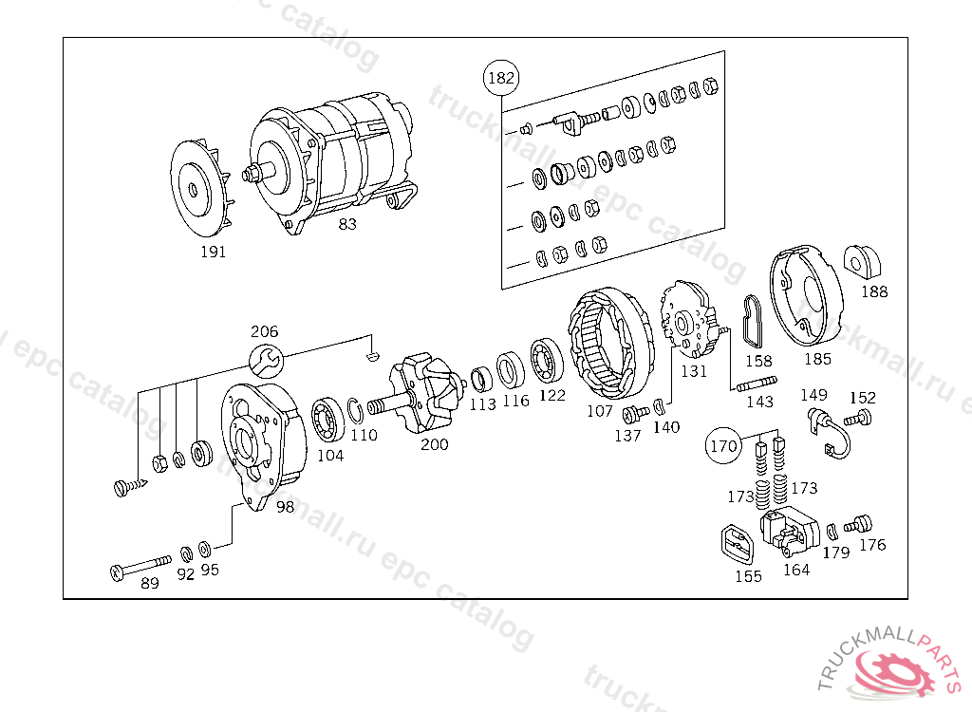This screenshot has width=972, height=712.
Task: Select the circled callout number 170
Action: coord(723,444)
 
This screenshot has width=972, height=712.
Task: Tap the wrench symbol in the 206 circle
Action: coord(265,360)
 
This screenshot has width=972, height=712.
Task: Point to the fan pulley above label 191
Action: coord(200,190)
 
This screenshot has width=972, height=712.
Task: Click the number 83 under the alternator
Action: coord(347,225)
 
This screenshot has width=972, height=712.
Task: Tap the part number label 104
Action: coord(330,455)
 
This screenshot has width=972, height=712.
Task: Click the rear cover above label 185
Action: coord(804,297)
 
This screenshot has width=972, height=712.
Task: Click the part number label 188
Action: coord(874,291)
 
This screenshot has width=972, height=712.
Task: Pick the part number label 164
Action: coord(795,571)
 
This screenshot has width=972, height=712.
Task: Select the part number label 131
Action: coord(694,371)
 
